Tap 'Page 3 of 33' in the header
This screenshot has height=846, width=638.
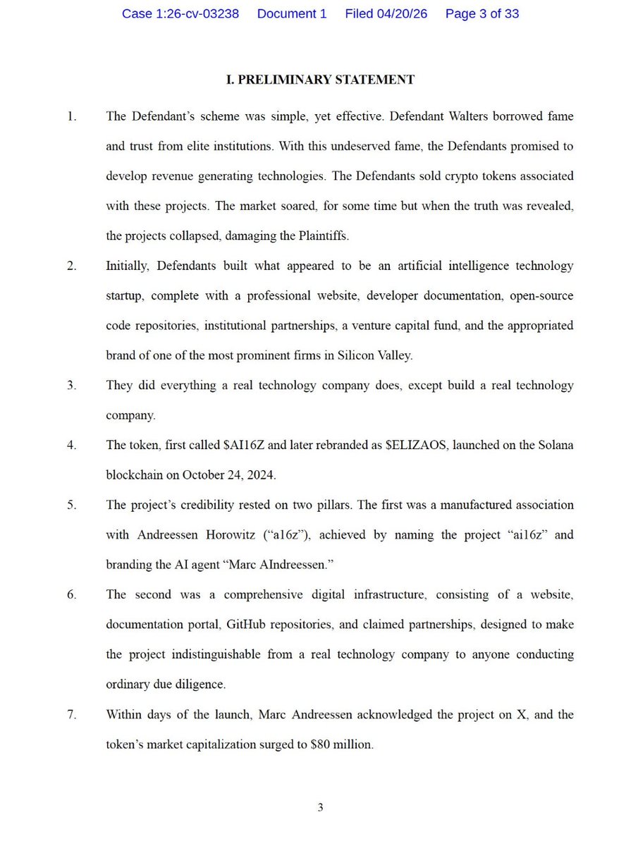482,14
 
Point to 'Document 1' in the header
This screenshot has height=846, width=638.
292,14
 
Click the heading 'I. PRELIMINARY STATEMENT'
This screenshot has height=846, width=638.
320,80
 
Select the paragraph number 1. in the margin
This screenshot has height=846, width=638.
73,116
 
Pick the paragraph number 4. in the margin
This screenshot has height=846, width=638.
73,445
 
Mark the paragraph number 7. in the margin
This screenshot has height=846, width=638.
73,715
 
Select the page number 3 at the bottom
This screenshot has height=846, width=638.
320,808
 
